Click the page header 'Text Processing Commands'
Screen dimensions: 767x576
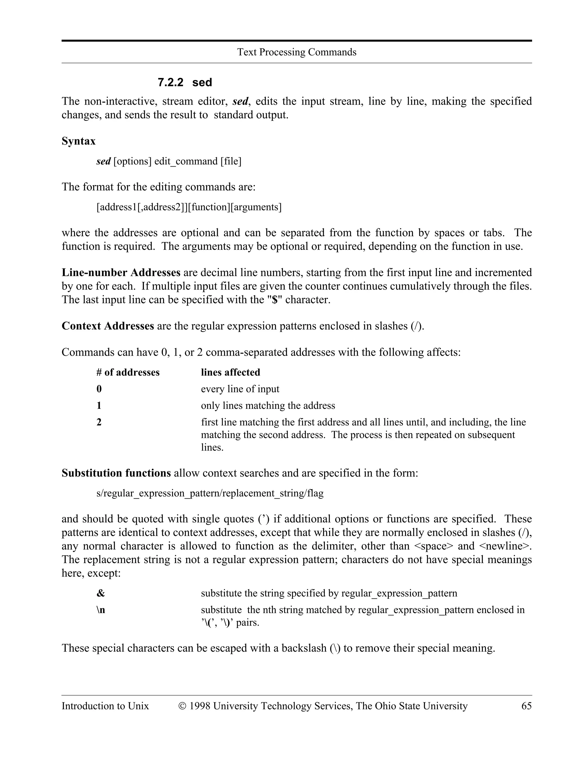point(297,52)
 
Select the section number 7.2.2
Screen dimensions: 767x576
point(170,82)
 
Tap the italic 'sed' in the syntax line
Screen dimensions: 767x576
point(103,161)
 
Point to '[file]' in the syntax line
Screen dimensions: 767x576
point(231,161)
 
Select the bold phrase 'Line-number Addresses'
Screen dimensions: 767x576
point(121,273)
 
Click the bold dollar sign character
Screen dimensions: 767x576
point(275,300)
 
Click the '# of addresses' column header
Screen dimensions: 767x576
point(128,373)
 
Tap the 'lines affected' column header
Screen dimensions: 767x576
point(230,373)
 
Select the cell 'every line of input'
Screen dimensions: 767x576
point(240,389)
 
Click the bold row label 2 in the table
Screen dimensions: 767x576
point(99,422)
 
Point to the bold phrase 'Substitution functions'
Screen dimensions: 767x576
point(116,473)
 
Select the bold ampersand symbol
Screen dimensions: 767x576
point(100,593)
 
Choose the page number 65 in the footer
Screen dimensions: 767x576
point(526,706)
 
